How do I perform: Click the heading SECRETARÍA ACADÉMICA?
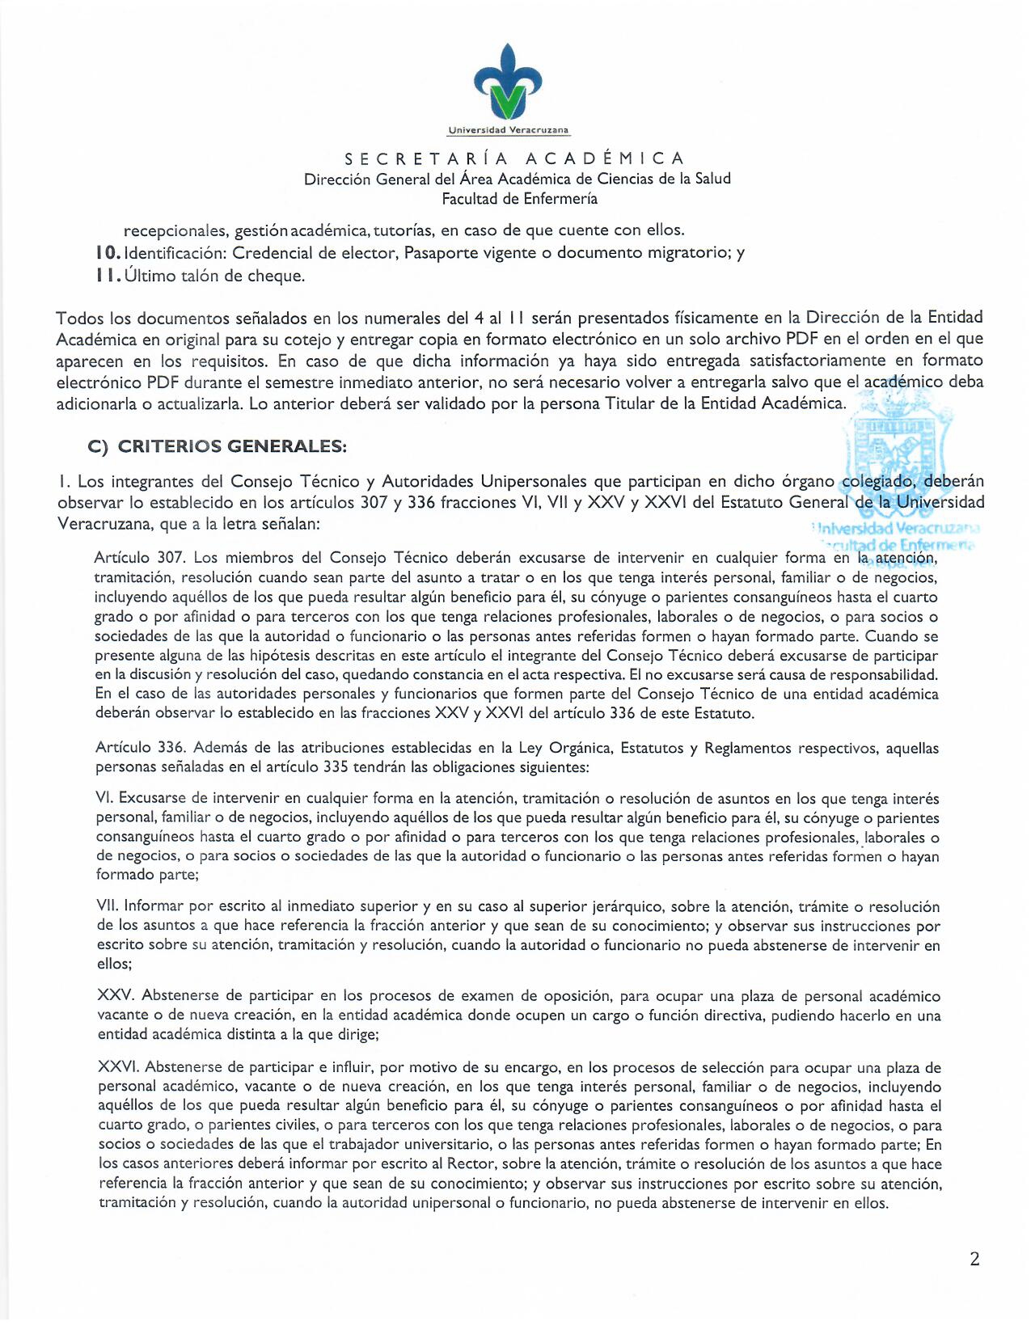coord(515,158)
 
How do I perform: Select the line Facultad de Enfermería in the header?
coord(519,199)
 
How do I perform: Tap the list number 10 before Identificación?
coord(108,253)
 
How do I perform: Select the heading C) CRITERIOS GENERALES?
coord(217,446)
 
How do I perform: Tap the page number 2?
coord(974,1259)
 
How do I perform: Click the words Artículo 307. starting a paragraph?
coord(141,558)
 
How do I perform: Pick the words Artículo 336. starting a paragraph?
coord(141,749)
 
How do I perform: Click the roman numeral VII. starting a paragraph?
coord(108,906)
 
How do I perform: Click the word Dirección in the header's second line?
coord(337,179)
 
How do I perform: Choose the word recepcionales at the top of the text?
coord(175,230)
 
